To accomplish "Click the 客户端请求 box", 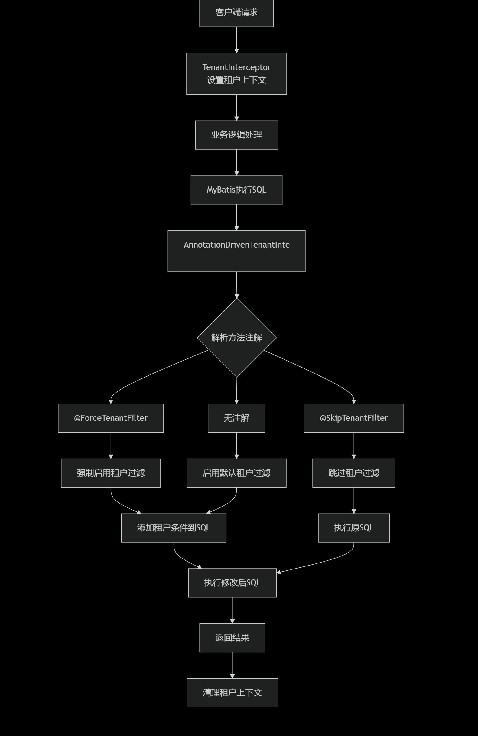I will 236,13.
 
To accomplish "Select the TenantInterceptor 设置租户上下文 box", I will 236,74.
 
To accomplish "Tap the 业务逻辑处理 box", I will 236,135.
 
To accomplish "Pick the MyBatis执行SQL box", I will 236,190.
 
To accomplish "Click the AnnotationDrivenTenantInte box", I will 236,251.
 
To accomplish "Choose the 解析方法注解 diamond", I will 237,338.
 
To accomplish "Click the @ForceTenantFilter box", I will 111,418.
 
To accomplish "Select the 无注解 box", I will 236,418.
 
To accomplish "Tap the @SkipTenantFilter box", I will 354,418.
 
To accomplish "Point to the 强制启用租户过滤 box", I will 111,473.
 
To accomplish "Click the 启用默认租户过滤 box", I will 236,473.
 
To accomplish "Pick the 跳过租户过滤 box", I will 354,473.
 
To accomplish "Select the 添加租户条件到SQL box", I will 174,528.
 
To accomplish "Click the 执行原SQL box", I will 354,528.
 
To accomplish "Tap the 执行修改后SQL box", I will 232,583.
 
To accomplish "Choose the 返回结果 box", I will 232,638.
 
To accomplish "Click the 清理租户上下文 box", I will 232,693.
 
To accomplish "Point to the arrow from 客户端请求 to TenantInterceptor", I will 237,40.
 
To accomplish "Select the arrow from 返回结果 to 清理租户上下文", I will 232,665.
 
